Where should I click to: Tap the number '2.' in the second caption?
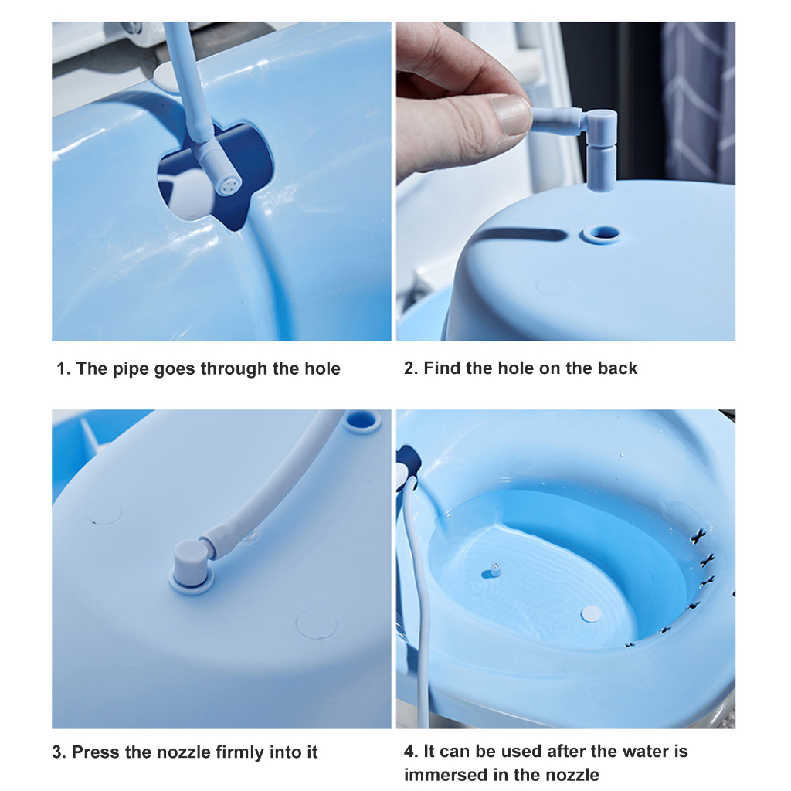(411, 368)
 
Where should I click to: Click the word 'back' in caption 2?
(616, 368)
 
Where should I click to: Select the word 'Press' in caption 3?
(96, 752)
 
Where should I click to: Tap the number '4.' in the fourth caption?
(411, 751)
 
